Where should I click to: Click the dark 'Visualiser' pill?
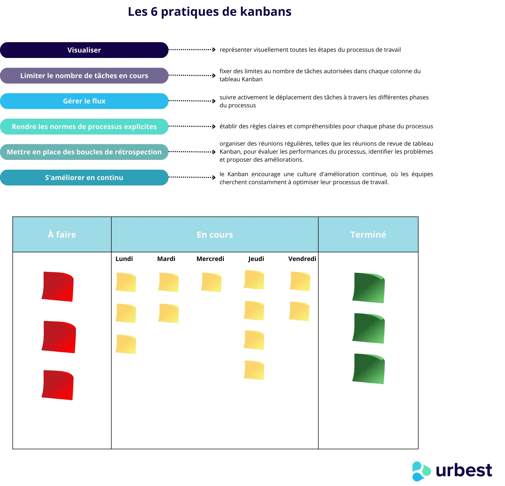(x=84, y=50)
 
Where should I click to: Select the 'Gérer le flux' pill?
(x=84, y=101)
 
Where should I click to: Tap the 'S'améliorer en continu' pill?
(x=84, y=177)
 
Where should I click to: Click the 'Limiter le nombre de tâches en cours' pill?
(x=84, y=76)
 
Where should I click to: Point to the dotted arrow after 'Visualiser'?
(x=192, y=49)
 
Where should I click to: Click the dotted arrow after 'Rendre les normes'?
(x=192, y=126)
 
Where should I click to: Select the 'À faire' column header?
(x=62, y=234)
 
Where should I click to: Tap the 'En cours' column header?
(x=215, y=234)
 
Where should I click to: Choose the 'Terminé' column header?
(x=368, y=234)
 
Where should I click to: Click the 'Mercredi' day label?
(x=210, y=259)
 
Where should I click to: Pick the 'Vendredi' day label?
(x=302, y=259)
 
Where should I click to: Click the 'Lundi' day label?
(x=124, y=259)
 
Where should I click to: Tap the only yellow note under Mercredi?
(x=211, y=282)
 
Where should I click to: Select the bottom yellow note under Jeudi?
(x=254, y=370)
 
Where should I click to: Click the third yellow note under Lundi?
(x=126, y=344)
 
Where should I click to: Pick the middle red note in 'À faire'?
(x=59, y=337)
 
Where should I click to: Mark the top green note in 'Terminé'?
(x=369, y=288)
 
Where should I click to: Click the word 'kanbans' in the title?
(x=266, y=12)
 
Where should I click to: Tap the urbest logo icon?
(x=421, y=471)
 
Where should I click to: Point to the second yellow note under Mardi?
(x=169, y=313)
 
